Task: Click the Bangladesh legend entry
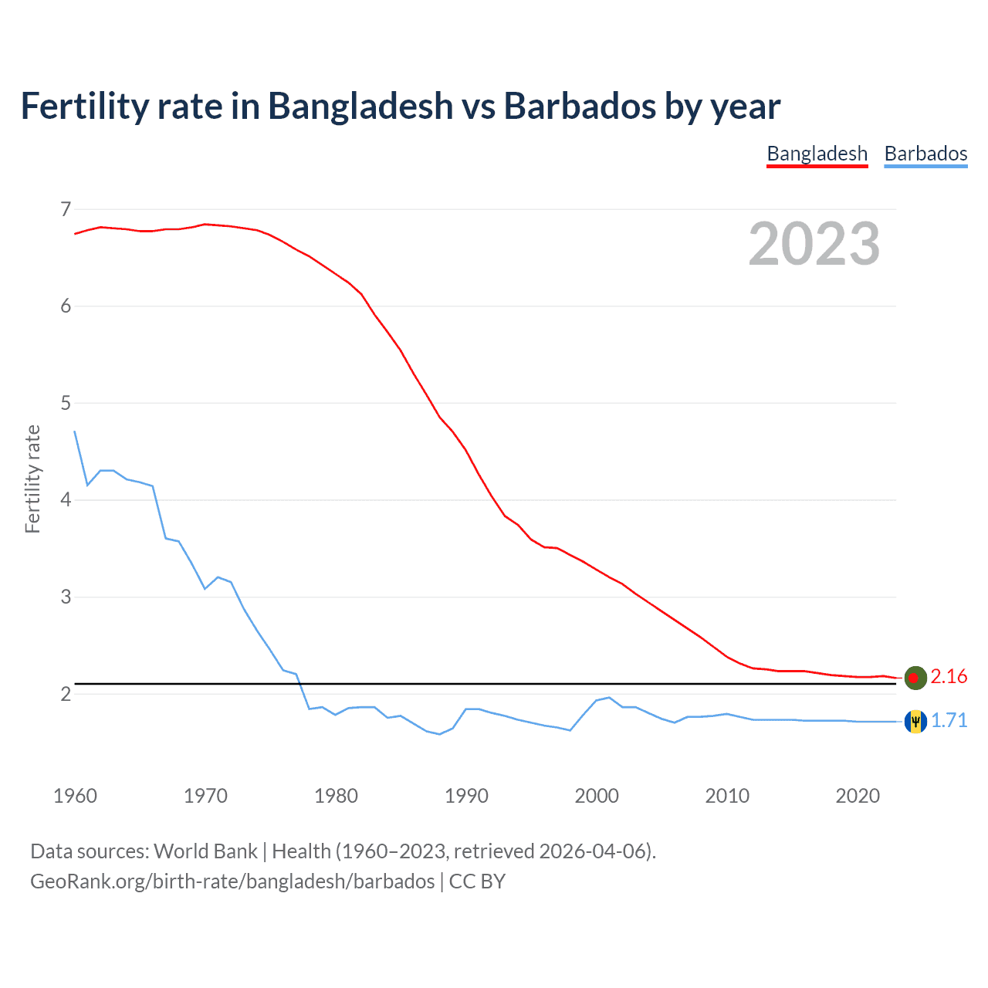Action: click(x=817, y=154)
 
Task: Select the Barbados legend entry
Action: click(x=925, y=154)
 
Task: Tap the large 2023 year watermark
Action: click(x=814, y=244)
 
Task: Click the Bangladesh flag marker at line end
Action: click(x=915, y=677)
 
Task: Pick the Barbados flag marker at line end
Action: click(x=915, y=721)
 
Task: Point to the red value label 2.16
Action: click(x=949, y=677)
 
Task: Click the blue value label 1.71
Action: click(x=949, y=721)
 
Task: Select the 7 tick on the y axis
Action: click(x=66, y=209)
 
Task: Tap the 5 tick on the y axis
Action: click(x=66, y=403)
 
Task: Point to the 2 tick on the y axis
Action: click(x=66, y=694)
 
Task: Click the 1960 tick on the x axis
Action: click(x=75, y=796)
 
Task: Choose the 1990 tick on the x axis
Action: click(x=466, y=796)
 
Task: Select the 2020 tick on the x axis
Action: click(x=858, y=796)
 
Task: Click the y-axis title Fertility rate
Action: click(x=32, y=479)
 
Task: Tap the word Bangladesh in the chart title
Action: click(x=360, y=106)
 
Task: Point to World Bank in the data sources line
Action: click(x=205, y=851)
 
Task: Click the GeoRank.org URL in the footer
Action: click(x=232, y=881)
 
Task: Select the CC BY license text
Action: click(x=477, y=881)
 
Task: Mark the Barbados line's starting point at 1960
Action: click(x=75, y=431)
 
